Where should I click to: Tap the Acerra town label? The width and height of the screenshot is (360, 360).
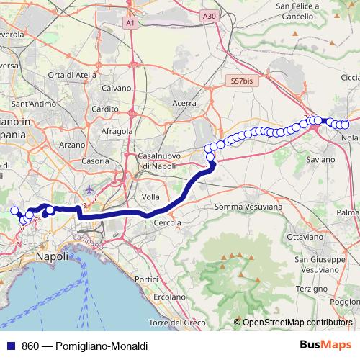pos(184,103)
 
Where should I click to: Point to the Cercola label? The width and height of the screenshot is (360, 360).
pos(167,222)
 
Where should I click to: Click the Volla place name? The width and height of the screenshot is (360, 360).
pos(150,197)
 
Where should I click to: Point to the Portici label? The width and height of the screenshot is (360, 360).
pos(146,279)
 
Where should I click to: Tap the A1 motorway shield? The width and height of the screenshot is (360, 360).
pos(130,24)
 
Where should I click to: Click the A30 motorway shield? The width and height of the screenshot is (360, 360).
pos(208,16)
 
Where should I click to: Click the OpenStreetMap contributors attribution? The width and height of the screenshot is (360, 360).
pos(298,322)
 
